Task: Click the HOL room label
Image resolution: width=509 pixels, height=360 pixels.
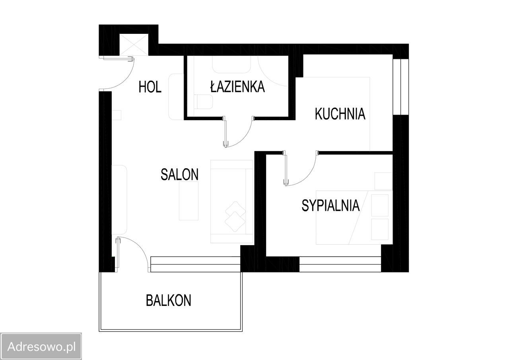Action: point(150,87)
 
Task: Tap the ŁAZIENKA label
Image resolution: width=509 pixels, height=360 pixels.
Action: point(237,86)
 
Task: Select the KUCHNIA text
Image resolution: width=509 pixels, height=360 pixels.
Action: point(340,114)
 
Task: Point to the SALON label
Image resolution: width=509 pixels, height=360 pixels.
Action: point(179,174)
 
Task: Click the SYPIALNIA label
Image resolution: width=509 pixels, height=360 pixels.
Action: point(330,206)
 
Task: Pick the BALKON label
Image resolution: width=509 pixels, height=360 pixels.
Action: point(169,300)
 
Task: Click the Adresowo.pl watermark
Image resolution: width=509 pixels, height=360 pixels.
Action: point(41,346)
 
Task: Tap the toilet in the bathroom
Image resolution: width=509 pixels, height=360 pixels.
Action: point(204,102)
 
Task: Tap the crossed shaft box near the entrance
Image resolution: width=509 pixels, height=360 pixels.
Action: point(134,45)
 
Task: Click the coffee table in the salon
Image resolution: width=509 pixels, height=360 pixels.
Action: point(188,201)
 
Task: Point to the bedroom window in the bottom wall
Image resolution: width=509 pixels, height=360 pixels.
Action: point(340,264)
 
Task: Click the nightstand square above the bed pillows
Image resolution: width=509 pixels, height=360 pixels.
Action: point(383,181)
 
